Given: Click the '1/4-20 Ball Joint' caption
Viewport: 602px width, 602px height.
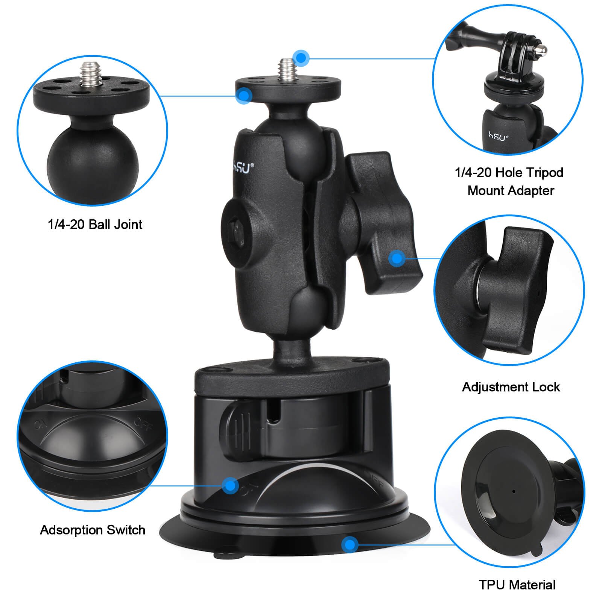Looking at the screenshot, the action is click(x=95, y=225).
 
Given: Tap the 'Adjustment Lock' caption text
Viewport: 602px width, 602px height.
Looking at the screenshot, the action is click(x=511, y=387).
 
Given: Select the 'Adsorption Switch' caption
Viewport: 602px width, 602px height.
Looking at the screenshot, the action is click(x=93, y=530).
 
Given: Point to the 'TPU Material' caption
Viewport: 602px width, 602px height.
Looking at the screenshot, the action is click(x=517, y=585).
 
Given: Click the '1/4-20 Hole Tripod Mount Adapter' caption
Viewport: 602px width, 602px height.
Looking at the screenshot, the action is click(x=509, y=181).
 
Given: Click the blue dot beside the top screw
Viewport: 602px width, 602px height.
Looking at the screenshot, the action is click(x=301, y=58).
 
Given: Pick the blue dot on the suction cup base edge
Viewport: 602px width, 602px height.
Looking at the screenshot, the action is click(x=350, y=544).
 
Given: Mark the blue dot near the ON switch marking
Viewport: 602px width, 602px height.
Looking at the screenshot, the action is click(x=230, y=485).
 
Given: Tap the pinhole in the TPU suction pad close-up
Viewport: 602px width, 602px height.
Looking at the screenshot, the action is click(x=514, y=491).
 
